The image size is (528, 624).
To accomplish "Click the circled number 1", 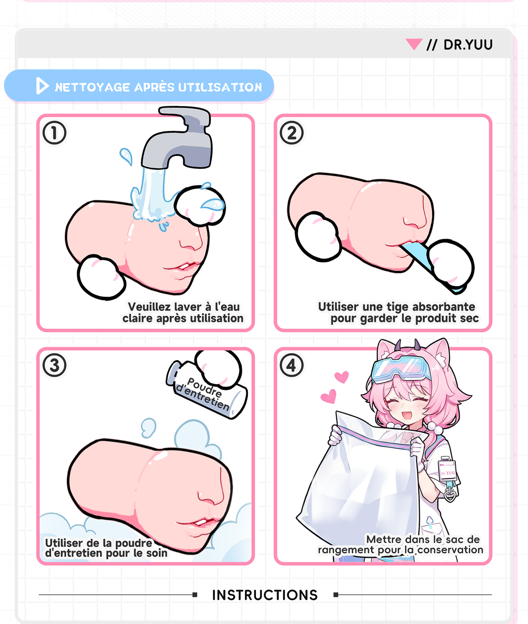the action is click(54, 133).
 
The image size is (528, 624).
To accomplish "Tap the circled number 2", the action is click(292, 133).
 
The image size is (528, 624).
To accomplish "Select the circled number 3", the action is click(54, 365).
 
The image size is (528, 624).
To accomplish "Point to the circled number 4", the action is click(292, 365).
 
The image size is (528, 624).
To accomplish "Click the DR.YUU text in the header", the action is click(468, 45).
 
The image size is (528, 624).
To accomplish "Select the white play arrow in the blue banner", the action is click(42, 86).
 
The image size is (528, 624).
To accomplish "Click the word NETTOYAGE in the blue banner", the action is click(92, 87).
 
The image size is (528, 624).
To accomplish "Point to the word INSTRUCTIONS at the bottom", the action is click(265, 595).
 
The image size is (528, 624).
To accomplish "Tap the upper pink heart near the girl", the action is click(342, 377).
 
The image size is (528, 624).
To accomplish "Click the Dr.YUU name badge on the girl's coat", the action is click(447, 473).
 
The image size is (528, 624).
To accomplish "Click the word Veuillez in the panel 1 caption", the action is click(146, 307).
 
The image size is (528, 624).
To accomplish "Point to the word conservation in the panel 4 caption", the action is click(450, 550).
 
